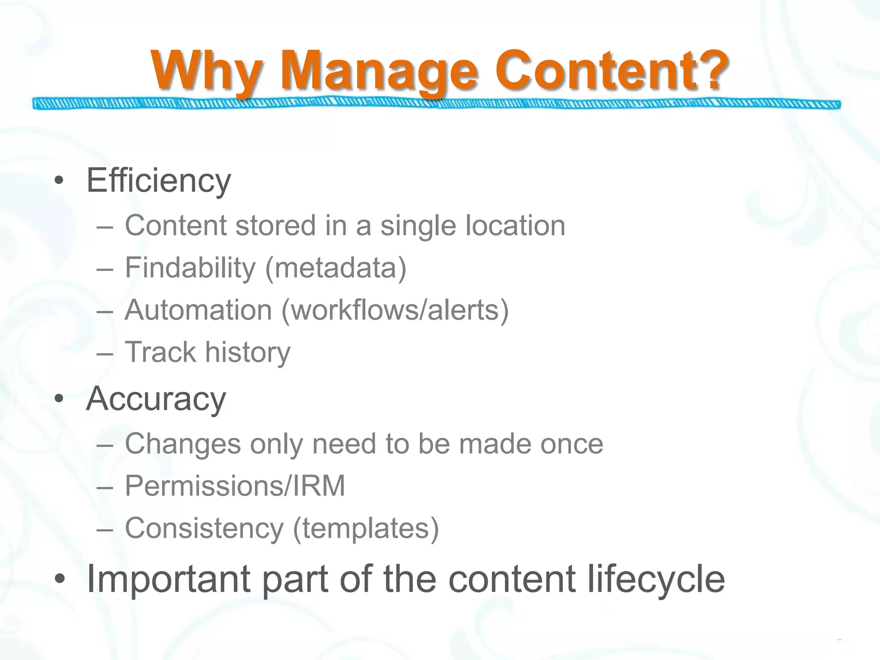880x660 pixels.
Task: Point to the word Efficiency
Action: [x=159, y=181]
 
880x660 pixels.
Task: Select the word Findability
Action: [x=190, y=268]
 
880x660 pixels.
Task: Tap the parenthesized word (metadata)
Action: [x=336, y=268]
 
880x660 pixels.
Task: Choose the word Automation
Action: [x=198, y=310]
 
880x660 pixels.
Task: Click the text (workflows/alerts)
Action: [x=395, y=310]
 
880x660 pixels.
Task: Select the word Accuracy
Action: [x=156, y=399]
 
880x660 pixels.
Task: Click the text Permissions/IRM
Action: [x=235, y=486]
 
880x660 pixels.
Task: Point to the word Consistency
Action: [x=204, y=528]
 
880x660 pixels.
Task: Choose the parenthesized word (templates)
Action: [x=366, y=528]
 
